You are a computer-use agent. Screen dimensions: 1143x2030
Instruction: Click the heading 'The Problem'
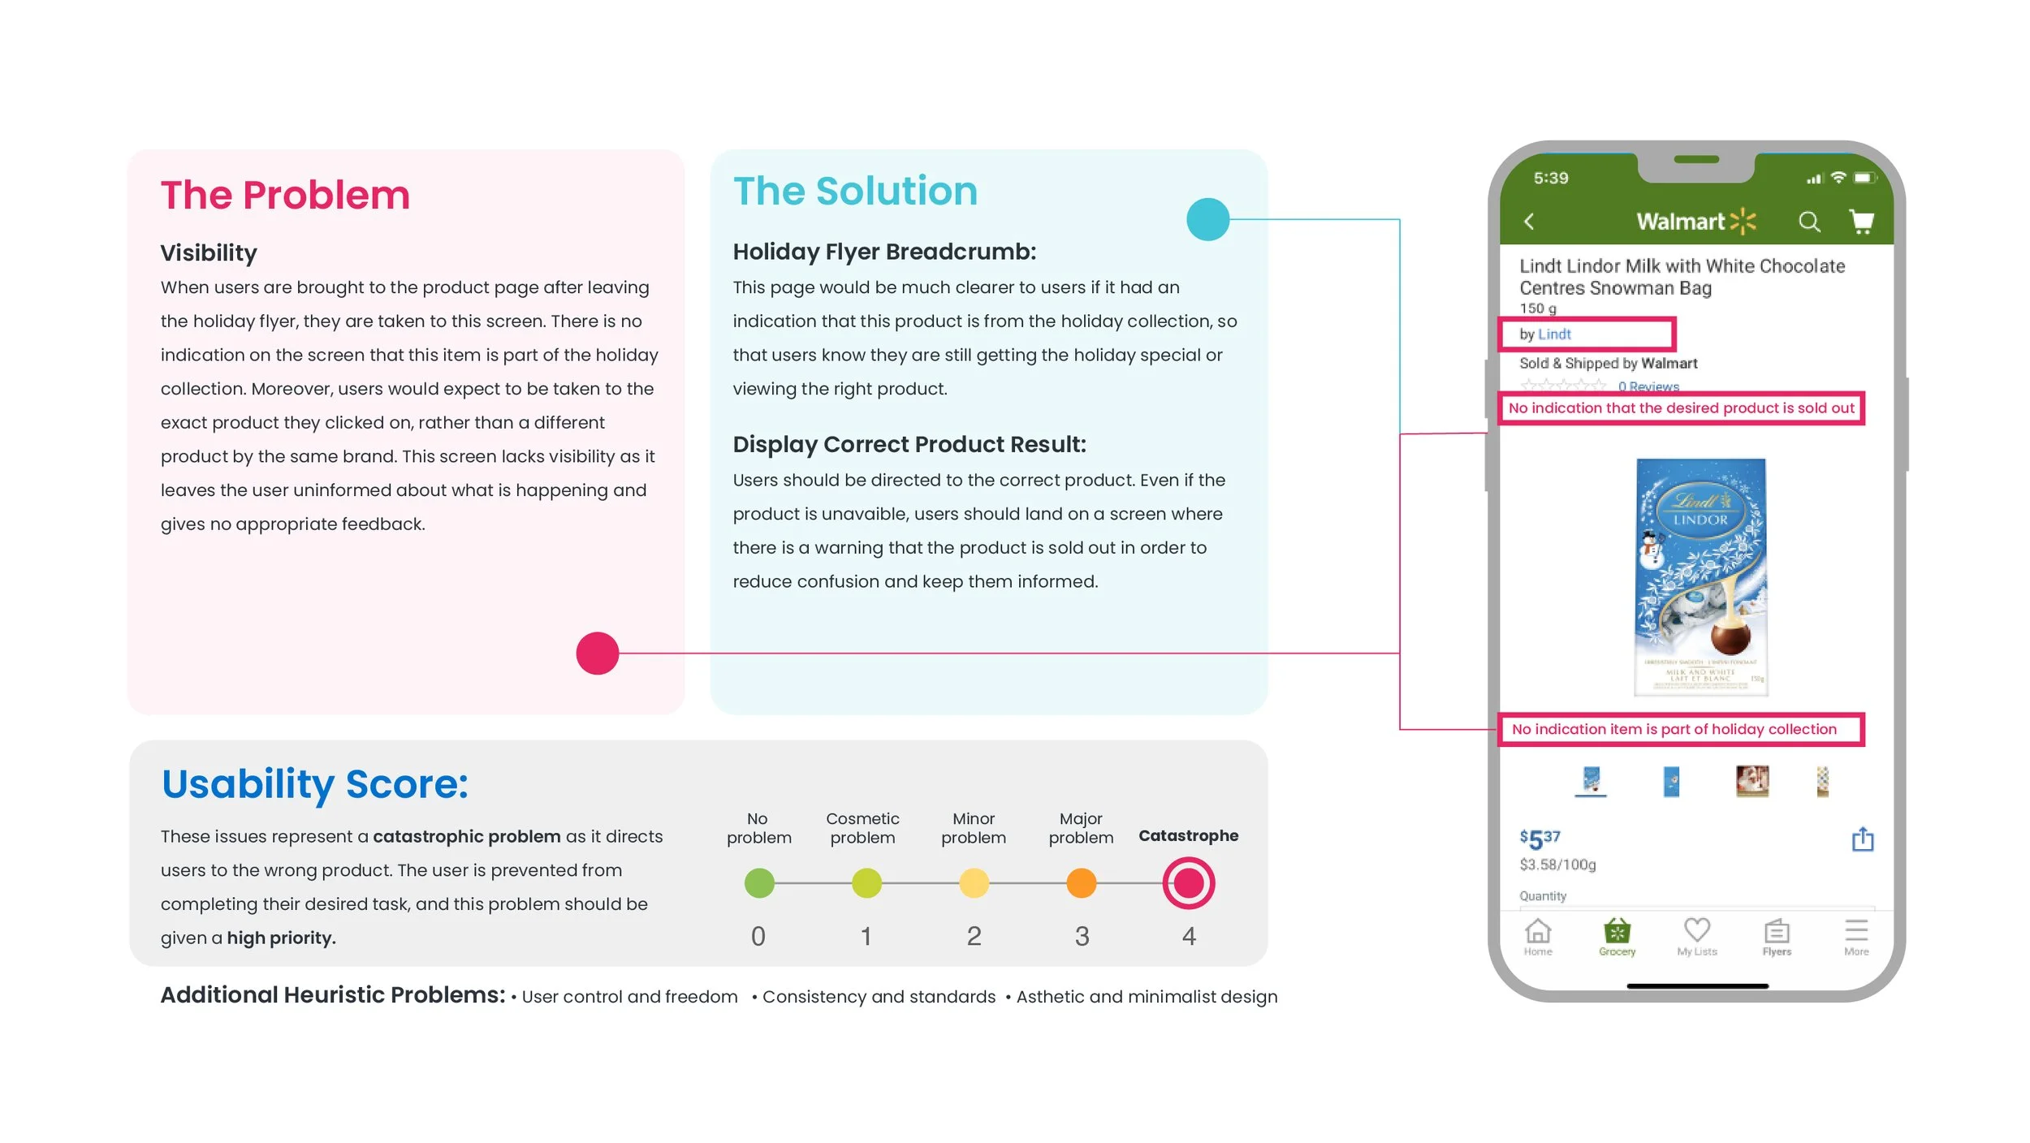(x=285, y=195)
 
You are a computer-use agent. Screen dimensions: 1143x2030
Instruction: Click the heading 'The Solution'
(x=855, y=192)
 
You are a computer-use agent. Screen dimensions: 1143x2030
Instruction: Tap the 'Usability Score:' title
(x=315, y=784)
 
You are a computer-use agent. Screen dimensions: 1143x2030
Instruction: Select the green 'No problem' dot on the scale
(x=759, y=882)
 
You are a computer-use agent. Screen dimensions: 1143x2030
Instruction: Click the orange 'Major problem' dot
(x=1081, y=882)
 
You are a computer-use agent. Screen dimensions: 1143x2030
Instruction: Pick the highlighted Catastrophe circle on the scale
(x=1188, y=882)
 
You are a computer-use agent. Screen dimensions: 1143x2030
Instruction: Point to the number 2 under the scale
(x=974, y=936)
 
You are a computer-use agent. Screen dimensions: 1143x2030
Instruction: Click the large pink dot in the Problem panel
(x=598, y=653)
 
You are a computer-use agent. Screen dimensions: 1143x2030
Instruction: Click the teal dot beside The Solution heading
(x=1207, y=219)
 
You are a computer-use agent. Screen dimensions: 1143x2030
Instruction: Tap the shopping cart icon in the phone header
(x=1861, y=221)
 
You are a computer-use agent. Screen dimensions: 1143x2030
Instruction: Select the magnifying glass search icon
(x=1809, y=222)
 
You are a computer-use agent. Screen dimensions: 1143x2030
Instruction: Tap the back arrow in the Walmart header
(x=1529, y=222)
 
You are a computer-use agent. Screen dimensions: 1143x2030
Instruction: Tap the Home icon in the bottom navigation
(x=1538, y=935)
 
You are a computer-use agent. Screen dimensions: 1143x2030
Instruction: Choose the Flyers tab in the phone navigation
(x=1777, y=935)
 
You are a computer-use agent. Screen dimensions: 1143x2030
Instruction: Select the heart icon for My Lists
(x=1697, y=934)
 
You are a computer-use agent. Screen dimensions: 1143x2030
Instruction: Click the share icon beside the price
(x=1863, y=839)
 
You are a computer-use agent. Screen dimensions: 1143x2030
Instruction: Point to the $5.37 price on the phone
(x=1540, y=839)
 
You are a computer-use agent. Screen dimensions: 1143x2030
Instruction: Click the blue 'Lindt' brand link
(x=1554, y=334)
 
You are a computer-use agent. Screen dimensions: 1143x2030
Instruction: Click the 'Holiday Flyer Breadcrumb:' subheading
(x=884, y=252)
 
